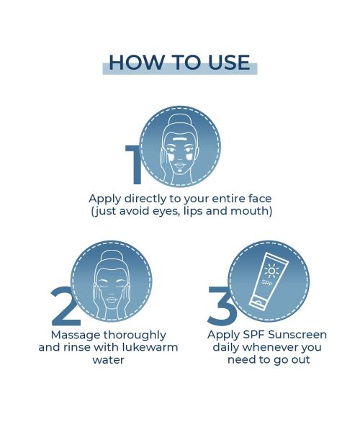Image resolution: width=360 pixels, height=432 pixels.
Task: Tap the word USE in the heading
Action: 229,62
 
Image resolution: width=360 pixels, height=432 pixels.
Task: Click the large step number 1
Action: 134,164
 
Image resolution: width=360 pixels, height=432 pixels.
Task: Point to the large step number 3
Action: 221,305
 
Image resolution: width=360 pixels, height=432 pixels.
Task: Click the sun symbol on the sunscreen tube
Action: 271,271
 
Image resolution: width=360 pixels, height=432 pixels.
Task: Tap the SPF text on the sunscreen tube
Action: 266,283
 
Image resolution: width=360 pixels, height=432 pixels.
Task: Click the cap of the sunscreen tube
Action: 257,303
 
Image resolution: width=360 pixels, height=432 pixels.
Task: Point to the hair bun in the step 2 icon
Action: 112,257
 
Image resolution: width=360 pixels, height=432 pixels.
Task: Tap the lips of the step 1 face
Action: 179,166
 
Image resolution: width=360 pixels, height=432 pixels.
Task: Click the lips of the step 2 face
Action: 112,300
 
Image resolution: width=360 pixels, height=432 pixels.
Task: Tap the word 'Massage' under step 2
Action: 76,336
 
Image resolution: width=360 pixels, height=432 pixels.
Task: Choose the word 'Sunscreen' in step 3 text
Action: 297,335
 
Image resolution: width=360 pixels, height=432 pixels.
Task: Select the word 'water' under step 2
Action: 109,360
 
